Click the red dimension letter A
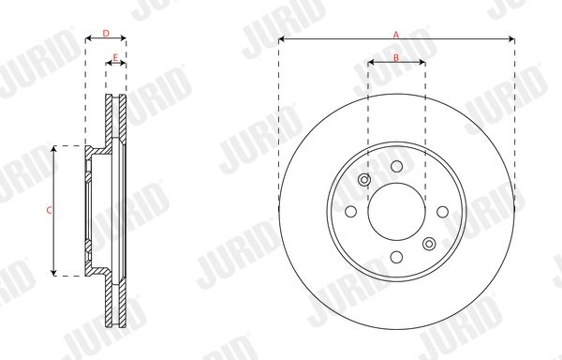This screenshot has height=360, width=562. point(396,35)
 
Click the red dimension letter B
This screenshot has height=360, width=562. point(396,57)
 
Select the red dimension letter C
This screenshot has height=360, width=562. point(49,210)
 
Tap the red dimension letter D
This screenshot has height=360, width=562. point(106,34)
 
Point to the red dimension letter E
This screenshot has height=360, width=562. point(115,57)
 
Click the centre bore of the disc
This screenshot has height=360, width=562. point(396,212)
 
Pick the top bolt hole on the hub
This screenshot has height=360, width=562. point(396,166)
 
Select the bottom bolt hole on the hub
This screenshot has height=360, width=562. point(396,257)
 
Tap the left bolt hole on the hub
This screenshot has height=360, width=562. point(351,212)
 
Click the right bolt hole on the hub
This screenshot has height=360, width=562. point(443,212)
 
